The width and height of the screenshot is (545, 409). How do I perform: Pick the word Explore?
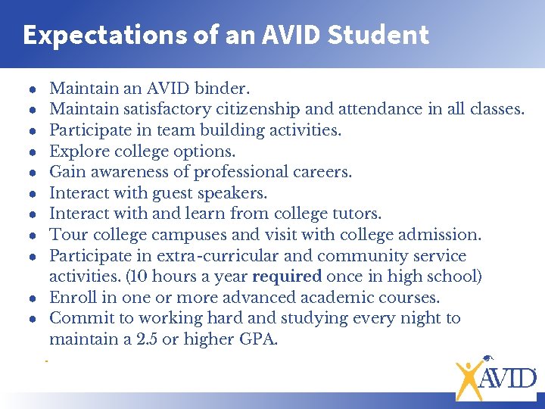coord(77,151)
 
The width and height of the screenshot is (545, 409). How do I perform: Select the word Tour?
coord(66,235)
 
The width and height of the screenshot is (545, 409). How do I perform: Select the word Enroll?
coord(73,298)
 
